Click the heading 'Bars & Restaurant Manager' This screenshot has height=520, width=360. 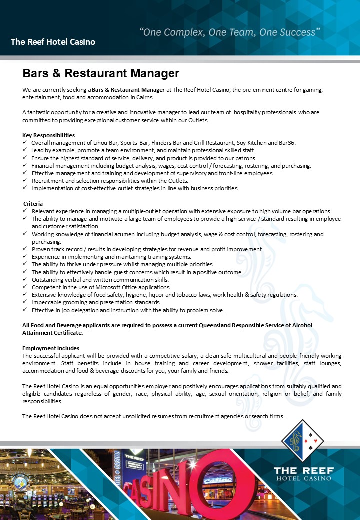[101, 74]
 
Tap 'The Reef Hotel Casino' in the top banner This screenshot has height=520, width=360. [53, 42]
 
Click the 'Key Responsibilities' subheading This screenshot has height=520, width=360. [49, 135]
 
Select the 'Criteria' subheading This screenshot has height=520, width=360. [33, 204]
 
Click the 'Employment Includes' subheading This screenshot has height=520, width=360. [51, 348]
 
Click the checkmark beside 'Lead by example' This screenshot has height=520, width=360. [25, 150]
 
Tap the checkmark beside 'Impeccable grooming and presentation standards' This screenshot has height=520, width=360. [25, 302]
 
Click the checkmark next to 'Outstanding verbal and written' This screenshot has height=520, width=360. [25, 280]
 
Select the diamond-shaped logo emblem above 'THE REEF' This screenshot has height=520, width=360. [302, 440]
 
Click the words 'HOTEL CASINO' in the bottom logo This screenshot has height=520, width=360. [304, 478]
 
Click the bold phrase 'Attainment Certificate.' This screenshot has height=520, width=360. [53, 332]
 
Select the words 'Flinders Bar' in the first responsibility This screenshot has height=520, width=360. [167, 143]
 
